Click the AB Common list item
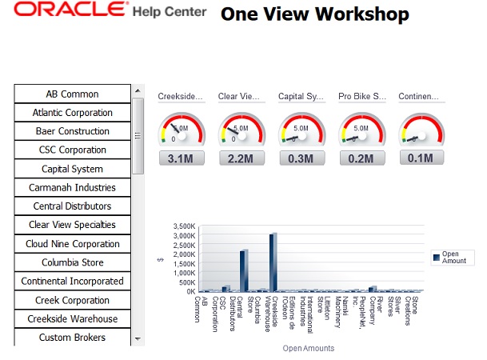[x=72, y=94]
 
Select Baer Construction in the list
[x=72, y=131]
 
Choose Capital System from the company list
[x=72, y=169]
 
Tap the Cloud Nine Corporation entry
[x=72, y=244]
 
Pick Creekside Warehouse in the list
[x=72, y=318]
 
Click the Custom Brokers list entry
[x=72, y=338]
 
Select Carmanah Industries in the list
[x=72, y=188]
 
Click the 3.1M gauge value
[x=181, y=158]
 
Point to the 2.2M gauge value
[x=241, y=158]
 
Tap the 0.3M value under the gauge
[x=301, y=158]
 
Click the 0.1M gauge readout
[x=421, y=158]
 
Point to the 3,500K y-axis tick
[x=183, y=226]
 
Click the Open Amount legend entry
[x=453, y=257]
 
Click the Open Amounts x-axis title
[x=308, y=348]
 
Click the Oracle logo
[x=70, y=11]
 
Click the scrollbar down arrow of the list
[x=138, y=338]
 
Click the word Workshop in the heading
[x=363, y=14]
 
